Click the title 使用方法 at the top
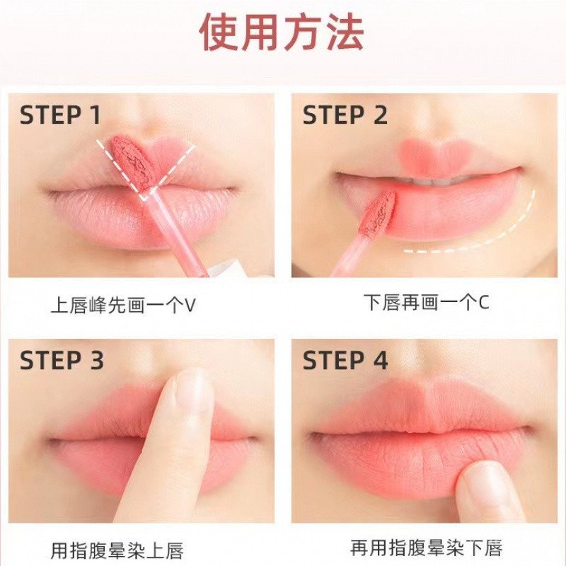click(281, 33)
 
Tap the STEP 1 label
click(60, 115)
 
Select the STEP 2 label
click(345, 115)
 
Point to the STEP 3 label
click(62, 360)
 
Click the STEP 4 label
click(345, 360)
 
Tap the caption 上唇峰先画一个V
click(122, 305)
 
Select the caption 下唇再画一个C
click(427, 303)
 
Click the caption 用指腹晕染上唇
click(117, 550)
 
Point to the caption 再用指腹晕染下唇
click(427, 548)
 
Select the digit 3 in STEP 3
click(96, 360)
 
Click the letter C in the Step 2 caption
click(484, 304)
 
